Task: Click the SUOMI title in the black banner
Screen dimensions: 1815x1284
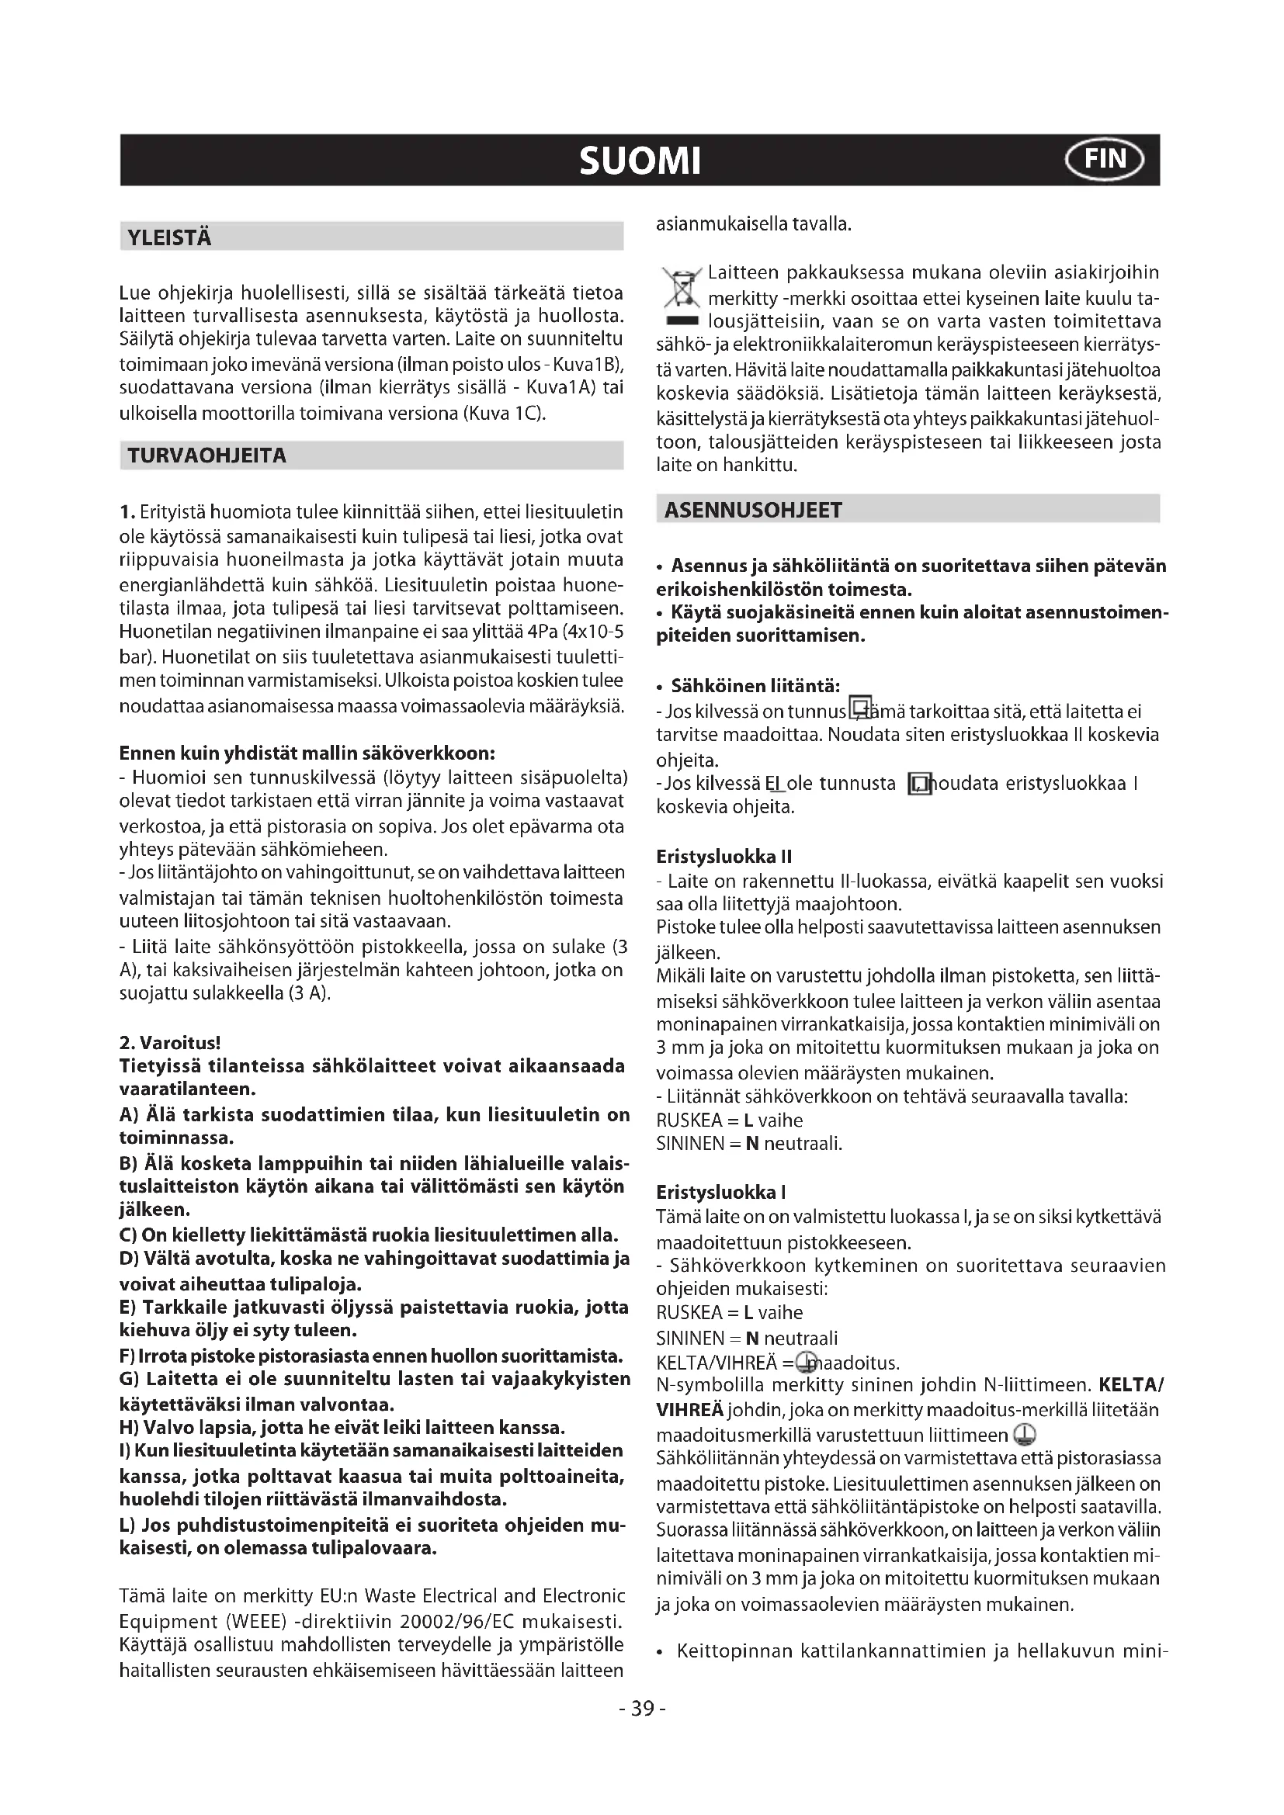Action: point(640,161)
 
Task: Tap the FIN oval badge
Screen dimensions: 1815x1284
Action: point(1105,160)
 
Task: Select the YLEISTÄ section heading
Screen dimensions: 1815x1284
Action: point(169,238)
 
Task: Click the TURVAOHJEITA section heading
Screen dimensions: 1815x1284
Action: point(207,456)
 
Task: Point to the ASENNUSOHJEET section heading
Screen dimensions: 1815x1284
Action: point(754,511)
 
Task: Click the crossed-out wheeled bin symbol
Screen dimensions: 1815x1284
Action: point(681,292)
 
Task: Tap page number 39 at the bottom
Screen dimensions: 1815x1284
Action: point(642,1709)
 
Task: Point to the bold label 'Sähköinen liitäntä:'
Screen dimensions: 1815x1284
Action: point(755,685)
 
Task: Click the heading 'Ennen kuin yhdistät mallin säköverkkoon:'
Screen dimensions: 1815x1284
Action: point(307,752)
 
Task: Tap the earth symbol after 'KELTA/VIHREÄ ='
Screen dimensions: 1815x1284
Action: point(807,1361)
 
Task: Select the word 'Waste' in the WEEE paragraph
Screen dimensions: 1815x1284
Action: point(390,1596)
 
